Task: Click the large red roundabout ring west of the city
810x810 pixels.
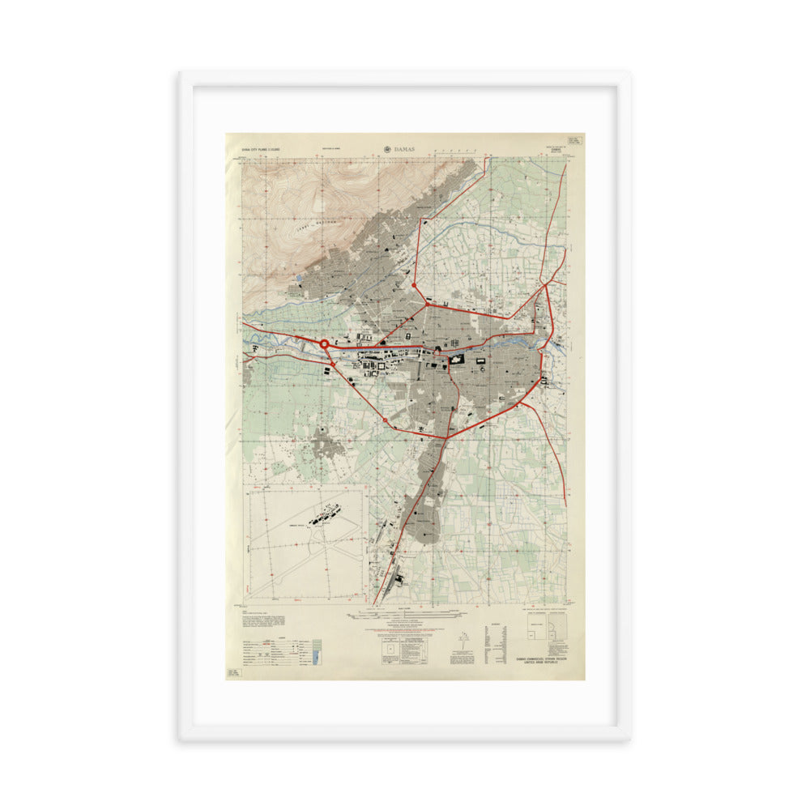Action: tap(324, 344)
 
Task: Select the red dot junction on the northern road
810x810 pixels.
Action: tap(414, 285)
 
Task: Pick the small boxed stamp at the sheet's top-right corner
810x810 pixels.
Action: tap(575, 139)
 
